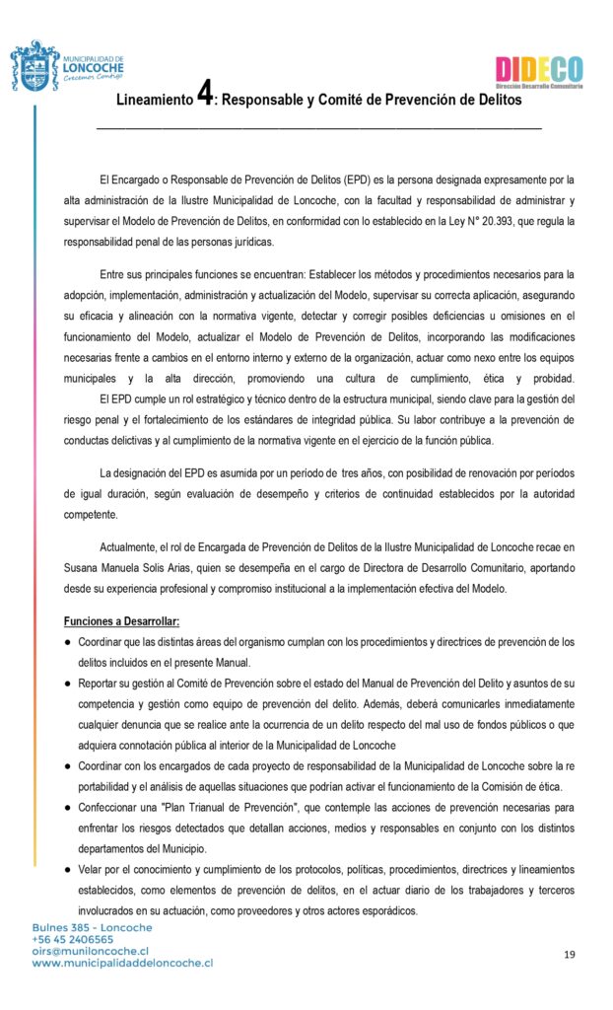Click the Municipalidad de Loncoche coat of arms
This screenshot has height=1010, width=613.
click(35, 66)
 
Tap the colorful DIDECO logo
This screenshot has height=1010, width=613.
click(538, 70)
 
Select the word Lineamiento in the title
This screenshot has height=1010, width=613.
click(155, 101)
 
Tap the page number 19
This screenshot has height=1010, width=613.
click(570, 954)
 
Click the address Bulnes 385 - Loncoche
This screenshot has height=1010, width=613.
click(93, 927)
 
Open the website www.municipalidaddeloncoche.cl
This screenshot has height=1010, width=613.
click(122, 963)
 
